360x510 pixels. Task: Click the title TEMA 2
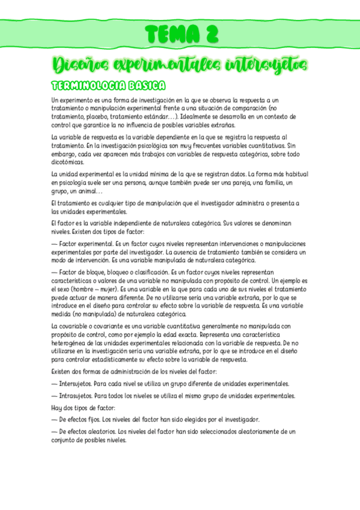(180, 34)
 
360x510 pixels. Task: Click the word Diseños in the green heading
(78, 64)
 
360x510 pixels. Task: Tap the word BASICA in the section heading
(143, 85)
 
